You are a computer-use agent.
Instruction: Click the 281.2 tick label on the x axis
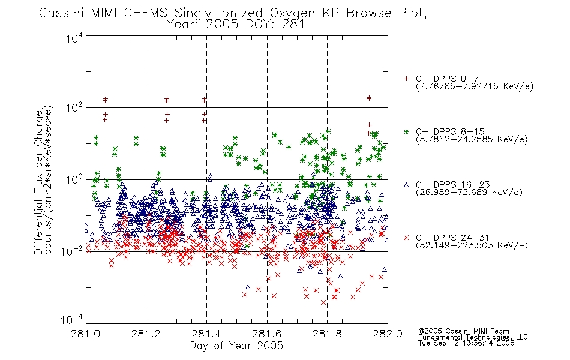146,334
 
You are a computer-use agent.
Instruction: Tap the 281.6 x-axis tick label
267,334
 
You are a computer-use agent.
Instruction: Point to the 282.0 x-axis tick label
388,334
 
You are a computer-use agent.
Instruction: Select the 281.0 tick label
85,334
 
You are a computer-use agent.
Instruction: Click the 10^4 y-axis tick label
74,38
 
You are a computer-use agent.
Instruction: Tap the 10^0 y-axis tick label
74,179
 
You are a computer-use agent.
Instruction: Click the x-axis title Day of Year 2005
236,346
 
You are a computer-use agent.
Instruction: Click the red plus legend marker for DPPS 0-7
406,79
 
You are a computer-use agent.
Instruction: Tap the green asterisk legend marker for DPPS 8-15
406,131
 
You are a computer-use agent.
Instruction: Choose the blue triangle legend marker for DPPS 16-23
406,185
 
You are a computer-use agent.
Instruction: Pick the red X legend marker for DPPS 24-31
406,238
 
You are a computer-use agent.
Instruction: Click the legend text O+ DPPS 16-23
453,185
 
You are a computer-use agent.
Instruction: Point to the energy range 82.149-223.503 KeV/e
472,245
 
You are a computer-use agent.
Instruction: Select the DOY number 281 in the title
292,25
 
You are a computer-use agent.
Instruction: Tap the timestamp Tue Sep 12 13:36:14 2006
466,343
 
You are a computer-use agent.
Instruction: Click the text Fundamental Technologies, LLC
473,337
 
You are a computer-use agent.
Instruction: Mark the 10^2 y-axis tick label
74,107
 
